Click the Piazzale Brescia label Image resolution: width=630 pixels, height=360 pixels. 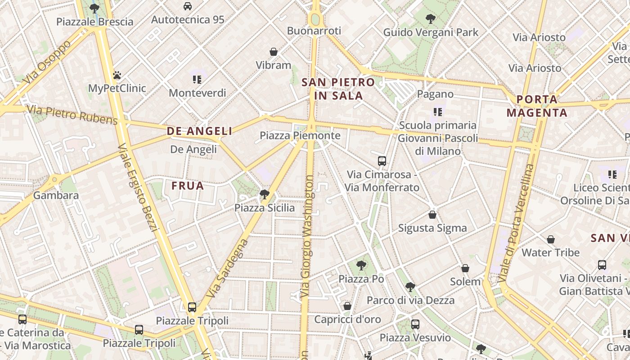[x=94, y=22]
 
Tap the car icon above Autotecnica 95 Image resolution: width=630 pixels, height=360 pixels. [x=188, y=6]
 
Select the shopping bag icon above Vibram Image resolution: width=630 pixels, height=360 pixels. [x=273, y=52]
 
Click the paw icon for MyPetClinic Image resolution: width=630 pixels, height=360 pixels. [x=117, y=75]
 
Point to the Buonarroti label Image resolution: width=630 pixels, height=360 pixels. [x=314, y=31]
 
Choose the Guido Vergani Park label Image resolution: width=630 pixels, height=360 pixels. [x=431, y=32]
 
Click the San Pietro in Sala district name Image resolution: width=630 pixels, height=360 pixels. [x=338, y=89]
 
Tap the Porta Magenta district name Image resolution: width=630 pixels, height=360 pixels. [x=537, y=106]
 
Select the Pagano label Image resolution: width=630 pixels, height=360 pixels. [x=435, y=94]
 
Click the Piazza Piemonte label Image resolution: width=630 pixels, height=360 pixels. [x=300, y=135]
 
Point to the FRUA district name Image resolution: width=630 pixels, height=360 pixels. [x=188, y=185]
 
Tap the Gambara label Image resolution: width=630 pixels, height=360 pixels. [x=56, y=195]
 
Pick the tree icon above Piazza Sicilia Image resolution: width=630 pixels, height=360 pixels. [x=265, y=194]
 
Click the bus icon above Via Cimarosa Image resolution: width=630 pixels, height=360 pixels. [x=382, y=161]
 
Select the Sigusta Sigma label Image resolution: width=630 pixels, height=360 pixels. [x=432, y=228]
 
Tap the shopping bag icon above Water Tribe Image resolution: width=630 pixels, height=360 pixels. [x=550, y=239]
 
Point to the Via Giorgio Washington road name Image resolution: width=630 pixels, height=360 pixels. [x=307, y=236]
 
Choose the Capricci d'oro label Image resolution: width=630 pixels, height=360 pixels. [x=347, y=319]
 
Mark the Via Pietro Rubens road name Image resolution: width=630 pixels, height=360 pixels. [x=72, y=114]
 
